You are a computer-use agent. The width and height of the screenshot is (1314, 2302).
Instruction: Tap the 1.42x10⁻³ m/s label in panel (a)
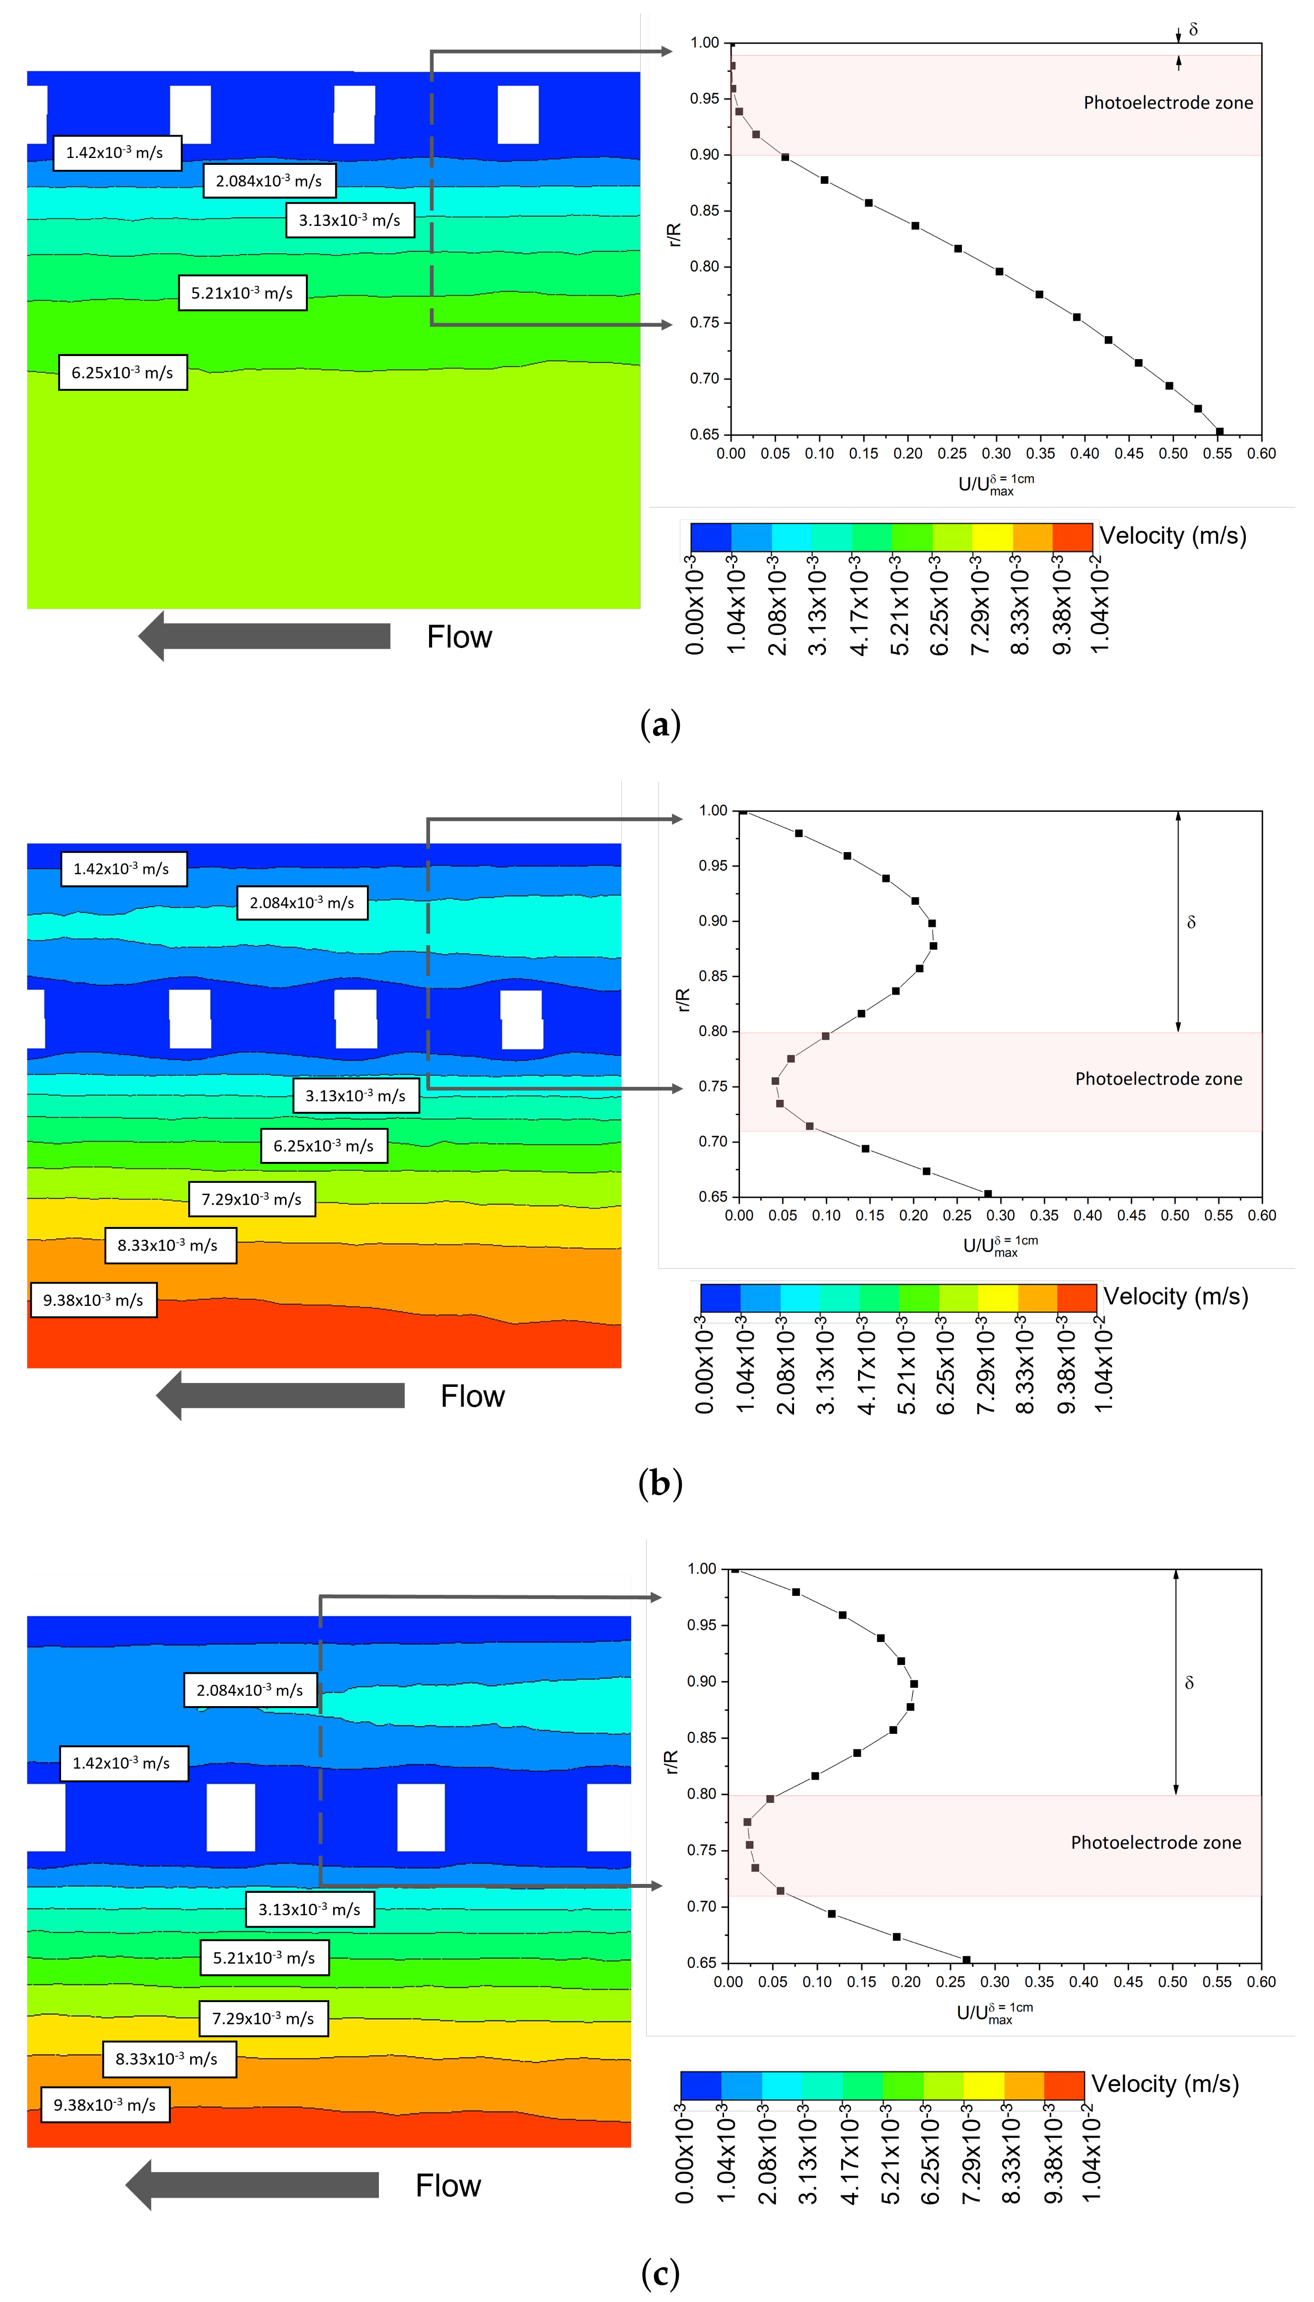pos(116,152)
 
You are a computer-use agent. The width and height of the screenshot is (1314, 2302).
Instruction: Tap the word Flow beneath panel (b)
pos(472,1396)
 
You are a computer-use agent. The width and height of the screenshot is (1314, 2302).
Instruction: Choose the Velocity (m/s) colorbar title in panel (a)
pos(1172,536)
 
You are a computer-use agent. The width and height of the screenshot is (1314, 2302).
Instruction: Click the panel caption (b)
pos(659,1483)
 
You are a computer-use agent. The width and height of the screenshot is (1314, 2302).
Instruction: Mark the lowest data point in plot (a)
pos(1219,432)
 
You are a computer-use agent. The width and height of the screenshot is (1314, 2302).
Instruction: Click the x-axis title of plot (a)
pos(995,485)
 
